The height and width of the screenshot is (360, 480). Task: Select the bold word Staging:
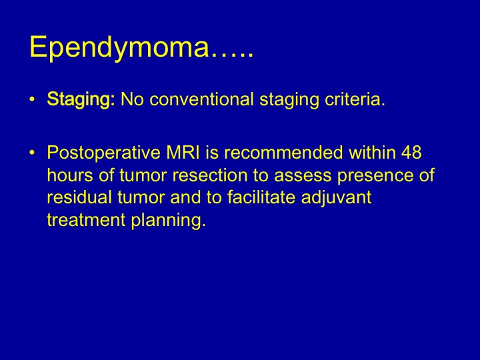[x=81, y=100]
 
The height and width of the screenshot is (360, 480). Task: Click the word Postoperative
[x=103, y=153]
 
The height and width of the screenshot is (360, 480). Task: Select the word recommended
[x=283, y=152]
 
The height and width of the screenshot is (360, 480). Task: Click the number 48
[x=411, y=152]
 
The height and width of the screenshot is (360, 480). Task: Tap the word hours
[x=70, y=175]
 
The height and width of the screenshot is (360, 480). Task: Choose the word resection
[x=210, y=175]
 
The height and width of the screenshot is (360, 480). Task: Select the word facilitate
[x=261, y=197]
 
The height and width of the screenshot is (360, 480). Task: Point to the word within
[x=372, y=152]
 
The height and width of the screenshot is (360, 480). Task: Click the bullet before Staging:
[x=32, y=100]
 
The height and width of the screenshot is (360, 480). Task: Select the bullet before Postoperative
[x=32, y=153]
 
